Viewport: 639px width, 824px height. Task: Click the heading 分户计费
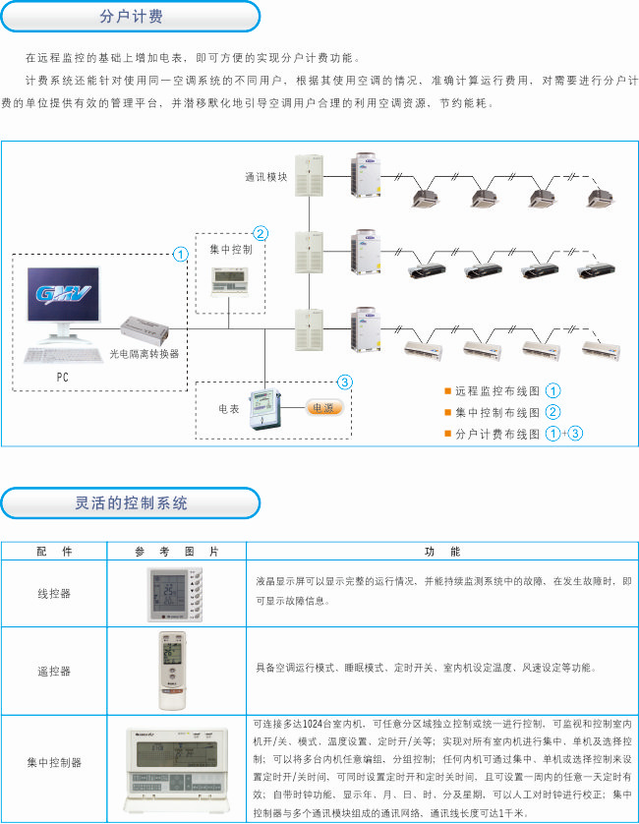[131, 17]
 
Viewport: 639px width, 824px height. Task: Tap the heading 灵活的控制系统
[131, 503]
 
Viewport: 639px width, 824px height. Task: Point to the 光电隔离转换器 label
[145, 353]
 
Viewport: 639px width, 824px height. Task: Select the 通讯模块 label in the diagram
[265, 177]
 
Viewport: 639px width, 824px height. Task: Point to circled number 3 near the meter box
[344, 382]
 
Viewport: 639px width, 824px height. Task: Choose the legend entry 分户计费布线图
[497, 433]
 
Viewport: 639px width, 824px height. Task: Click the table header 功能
[442, 552]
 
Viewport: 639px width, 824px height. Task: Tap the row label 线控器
[54, 594]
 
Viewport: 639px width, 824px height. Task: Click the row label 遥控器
[54, 671]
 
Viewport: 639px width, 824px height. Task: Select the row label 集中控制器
[54, 762]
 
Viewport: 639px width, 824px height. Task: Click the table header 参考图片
[176, 552]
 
